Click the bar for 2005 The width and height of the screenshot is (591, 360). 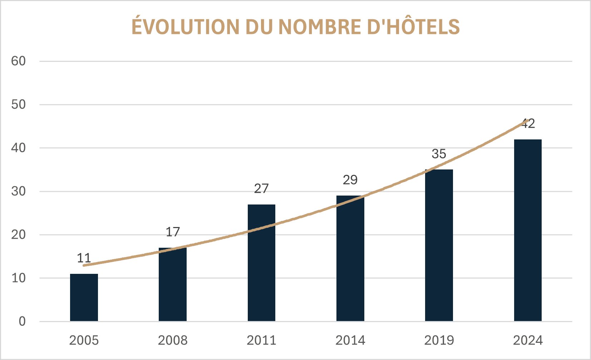[x=84, y=297]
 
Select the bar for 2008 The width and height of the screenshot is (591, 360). [x=173, y=285]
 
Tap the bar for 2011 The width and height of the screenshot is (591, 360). [x=261, y=263]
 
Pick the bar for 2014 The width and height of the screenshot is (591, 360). [x=350, y=258]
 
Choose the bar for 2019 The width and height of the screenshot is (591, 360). [x=439, y=245]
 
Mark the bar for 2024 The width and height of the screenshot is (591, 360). [x=528, y=230]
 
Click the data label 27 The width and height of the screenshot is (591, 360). [x=261, y=189]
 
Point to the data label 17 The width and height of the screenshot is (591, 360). [x=173, y=232]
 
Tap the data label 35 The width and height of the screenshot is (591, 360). [x=439, y=154]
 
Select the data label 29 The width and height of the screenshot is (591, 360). [x=350, y=180]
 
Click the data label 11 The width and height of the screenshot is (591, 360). [x=84, y=258]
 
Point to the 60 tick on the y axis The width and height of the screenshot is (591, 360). [x=19, y=61]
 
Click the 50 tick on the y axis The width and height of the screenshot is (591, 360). [x=19, y=105]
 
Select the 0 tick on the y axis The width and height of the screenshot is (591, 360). [x=22, y=321]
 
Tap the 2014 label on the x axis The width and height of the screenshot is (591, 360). [x=350, y=340]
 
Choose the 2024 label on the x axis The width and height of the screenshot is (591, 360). [x=528, y=340]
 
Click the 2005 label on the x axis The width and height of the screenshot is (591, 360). [x=84, y=340]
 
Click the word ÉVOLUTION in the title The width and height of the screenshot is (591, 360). [x=186, y=27]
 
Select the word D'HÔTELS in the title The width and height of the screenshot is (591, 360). [x=414, y=27]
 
